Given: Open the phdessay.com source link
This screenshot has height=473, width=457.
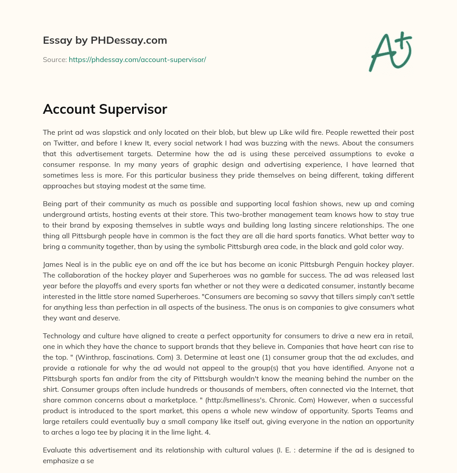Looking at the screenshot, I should point(137,59).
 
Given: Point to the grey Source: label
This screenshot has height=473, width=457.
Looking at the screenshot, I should point(54,59).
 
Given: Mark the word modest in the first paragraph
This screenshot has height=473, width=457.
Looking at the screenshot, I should point(153,186).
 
